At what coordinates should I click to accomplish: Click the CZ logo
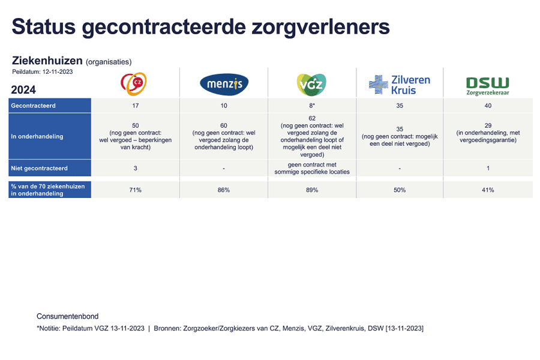coord(134,84)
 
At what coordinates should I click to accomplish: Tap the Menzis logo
coord(224,85)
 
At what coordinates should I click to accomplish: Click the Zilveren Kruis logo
coord(400,85)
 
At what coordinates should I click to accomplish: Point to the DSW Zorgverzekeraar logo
coord(487,85)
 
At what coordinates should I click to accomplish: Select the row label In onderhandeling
coord(37,136)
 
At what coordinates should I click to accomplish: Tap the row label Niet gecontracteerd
coord(40,169)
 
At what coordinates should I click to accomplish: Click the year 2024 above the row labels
coord(24,90)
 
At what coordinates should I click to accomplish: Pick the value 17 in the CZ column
coord(135,106)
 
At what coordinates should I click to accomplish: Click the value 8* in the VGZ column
coord(312,106)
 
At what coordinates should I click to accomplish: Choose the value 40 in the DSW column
coord(487,106)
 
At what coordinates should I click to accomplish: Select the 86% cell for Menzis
coord(224,190)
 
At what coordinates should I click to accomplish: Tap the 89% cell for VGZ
coord(312,190)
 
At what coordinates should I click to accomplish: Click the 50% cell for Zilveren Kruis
coord(400,190)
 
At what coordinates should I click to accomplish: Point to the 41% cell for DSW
coord(487,190)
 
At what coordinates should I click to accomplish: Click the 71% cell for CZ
coord(135,190)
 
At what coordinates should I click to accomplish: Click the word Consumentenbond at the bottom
coord(67,316)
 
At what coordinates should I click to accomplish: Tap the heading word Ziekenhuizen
coord(47,61)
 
